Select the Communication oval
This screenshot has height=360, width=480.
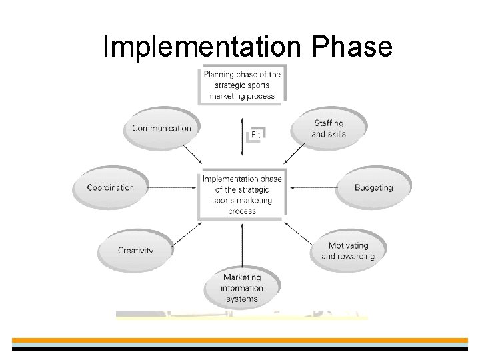[161, 128]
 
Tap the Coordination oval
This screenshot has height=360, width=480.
[110, 187]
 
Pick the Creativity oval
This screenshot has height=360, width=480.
[135, 251]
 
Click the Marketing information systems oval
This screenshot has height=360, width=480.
[242, 288]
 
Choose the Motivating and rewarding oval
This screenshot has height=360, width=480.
[348, 251]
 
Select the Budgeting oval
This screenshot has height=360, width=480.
[373, 187]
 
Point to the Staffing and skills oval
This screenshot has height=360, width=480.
[329, 128]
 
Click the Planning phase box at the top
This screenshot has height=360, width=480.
[242, 85]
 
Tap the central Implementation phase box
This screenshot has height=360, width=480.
[242, 195]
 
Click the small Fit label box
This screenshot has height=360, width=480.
[256, 134]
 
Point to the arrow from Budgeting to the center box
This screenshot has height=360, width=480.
[313, 188]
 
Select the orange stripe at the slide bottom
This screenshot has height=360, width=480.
[240, 340]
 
